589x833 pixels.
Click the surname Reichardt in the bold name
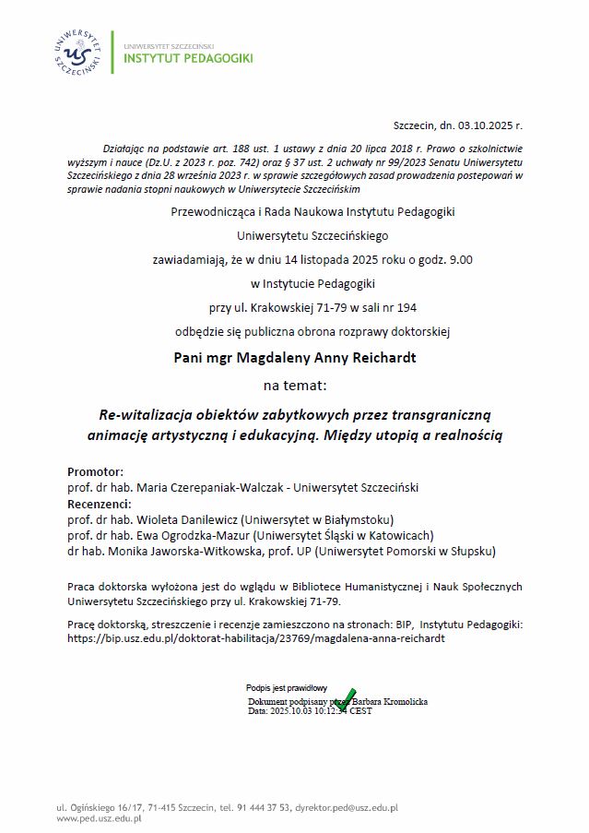[x=378, y=356]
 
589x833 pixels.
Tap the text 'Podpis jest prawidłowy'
[x=287, y=687]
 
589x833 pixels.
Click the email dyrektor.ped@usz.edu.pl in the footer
[x=346, y=807]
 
